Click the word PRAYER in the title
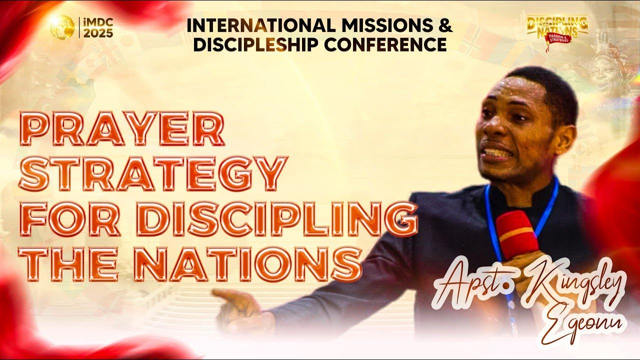[x=122, y=129]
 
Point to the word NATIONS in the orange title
[x=248, y=262]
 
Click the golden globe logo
[x=62, y=26]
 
